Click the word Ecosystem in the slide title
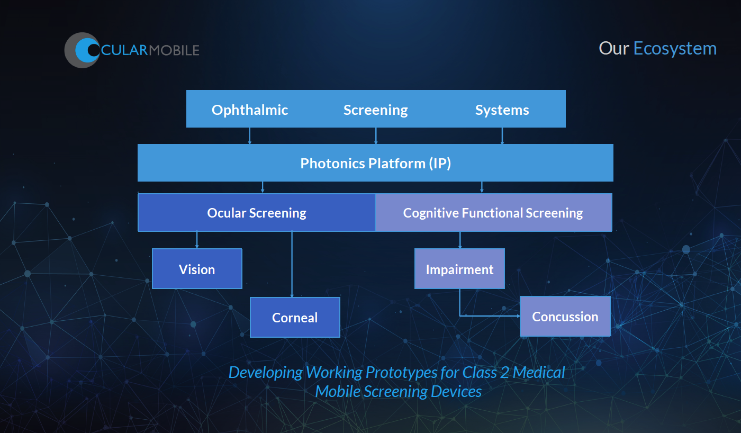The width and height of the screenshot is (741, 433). [675, 49]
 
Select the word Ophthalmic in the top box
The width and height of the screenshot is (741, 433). [250, 110]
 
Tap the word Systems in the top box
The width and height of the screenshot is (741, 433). [502, 110]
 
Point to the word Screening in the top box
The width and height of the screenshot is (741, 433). [376, 110]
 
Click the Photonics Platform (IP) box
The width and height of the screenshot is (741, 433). [375, 163]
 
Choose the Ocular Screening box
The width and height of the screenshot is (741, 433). [257, 213]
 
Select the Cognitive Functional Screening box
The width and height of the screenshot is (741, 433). [493, 213]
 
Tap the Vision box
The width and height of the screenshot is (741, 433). [197, 269]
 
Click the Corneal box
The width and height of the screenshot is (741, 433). [295, 318]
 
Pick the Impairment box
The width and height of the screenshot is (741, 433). [459, 269]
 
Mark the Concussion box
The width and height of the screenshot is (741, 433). [565, 317]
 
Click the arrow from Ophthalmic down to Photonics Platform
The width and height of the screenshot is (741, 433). [250, 136]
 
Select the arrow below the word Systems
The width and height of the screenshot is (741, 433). [502, 136]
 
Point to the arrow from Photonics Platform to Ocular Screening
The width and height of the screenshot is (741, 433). [263, 187]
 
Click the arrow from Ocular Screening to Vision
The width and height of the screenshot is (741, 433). [197, 240]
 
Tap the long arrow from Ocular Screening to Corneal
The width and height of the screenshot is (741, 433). [292, 264]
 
